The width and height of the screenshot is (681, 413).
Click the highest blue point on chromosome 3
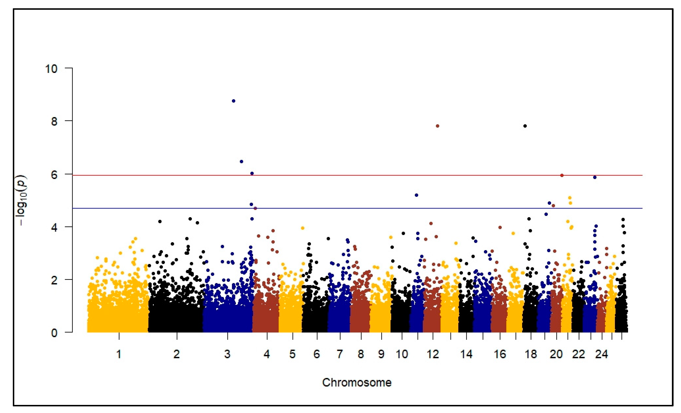tap(234, 101)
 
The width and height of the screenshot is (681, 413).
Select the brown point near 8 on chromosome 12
tap(438, 126)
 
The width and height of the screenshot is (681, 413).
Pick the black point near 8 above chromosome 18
tap(525, 126)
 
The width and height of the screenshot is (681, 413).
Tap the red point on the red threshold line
tap(562, 175)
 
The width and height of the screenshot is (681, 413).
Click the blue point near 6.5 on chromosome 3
tap(241, 161)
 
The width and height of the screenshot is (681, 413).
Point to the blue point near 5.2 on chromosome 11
tap(416, 195)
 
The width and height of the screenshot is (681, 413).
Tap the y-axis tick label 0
tap(54, 333)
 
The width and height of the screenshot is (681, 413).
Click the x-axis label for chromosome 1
tap(119, 354)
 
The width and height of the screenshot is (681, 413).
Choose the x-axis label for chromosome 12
tap(433, 354)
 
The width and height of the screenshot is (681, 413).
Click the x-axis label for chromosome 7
tap(340, 354)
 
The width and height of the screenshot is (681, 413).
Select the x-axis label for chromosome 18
tap(531, 354)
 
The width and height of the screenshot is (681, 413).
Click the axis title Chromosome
tap(356, 383)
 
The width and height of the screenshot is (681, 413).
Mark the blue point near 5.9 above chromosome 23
tap(595, 177)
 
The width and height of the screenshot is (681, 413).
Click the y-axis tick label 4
tap(54, 227)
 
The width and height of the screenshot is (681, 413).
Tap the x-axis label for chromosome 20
tap(556, 354)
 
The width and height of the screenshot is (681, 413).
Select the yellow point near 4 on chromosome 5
tap(303, 228)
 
